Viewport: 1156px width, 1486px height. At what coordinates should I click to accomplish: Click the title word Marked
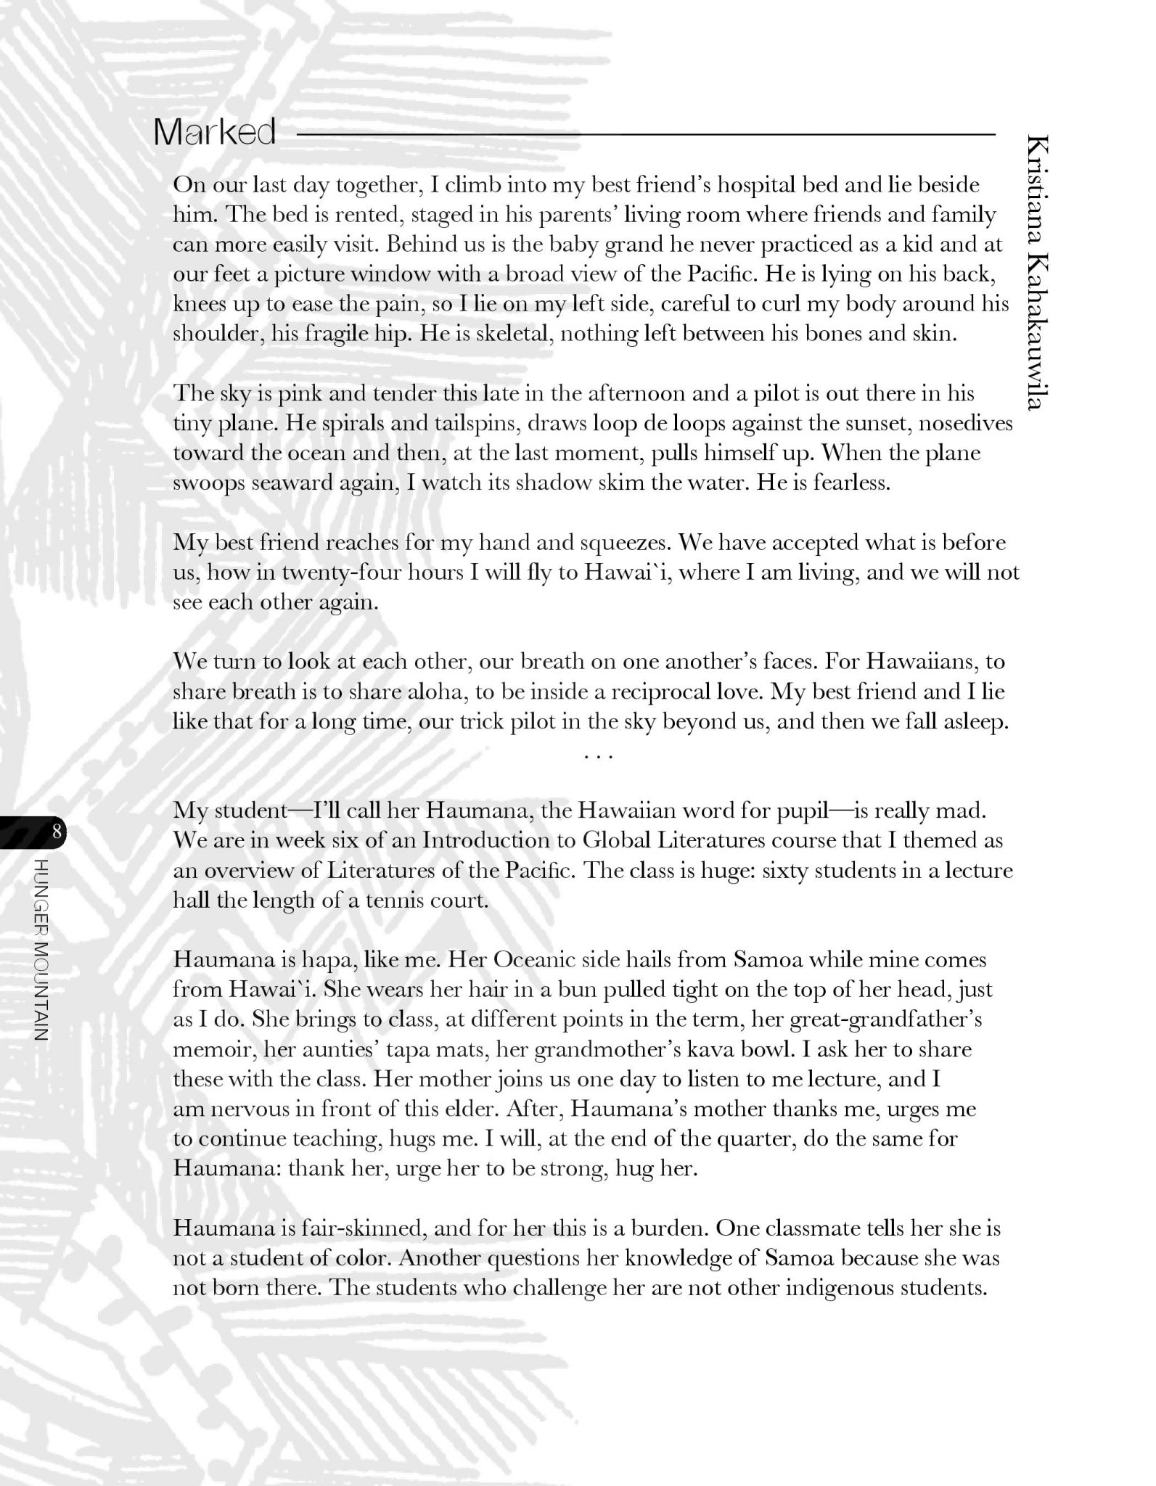[215, 133]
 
